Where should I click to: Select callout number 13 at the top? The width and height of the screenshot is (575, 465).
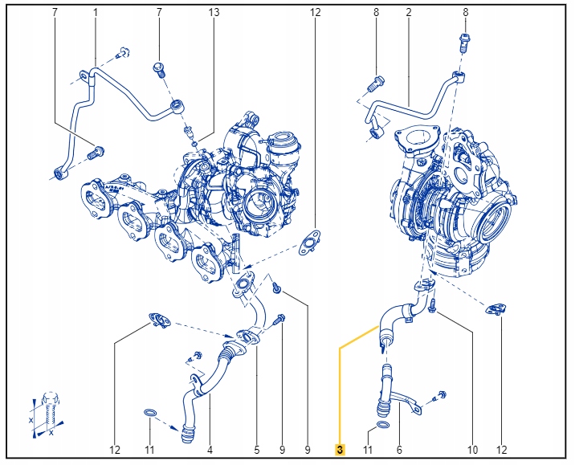point(214,13)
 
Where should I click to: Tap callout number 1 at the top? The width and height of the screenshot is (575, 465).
point(95,13)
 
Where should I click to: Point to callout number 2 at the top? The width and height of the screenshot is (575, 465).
point(408,13)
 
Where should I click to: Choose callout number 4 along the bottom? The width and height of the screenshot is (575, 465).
point(210,450)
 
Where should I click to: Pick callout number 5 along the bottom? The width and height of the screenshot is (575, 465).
point(257,450)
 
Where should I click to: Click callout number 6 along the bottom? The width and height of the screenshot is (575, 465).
point(399,450)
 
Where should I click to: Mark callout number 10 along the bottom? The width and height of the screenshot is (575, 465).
point(472,450)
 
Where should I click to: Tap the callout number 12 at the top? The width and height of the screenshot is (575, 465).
point(315,13)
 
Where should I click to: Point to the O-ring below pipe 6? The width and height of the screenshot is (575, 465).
point(383,423)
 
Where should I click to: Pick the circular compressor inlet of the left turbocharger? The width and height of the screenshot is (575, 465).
point(262,200)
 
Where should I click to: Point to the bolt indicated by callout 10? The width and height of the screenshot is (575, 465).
point(432,306)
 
